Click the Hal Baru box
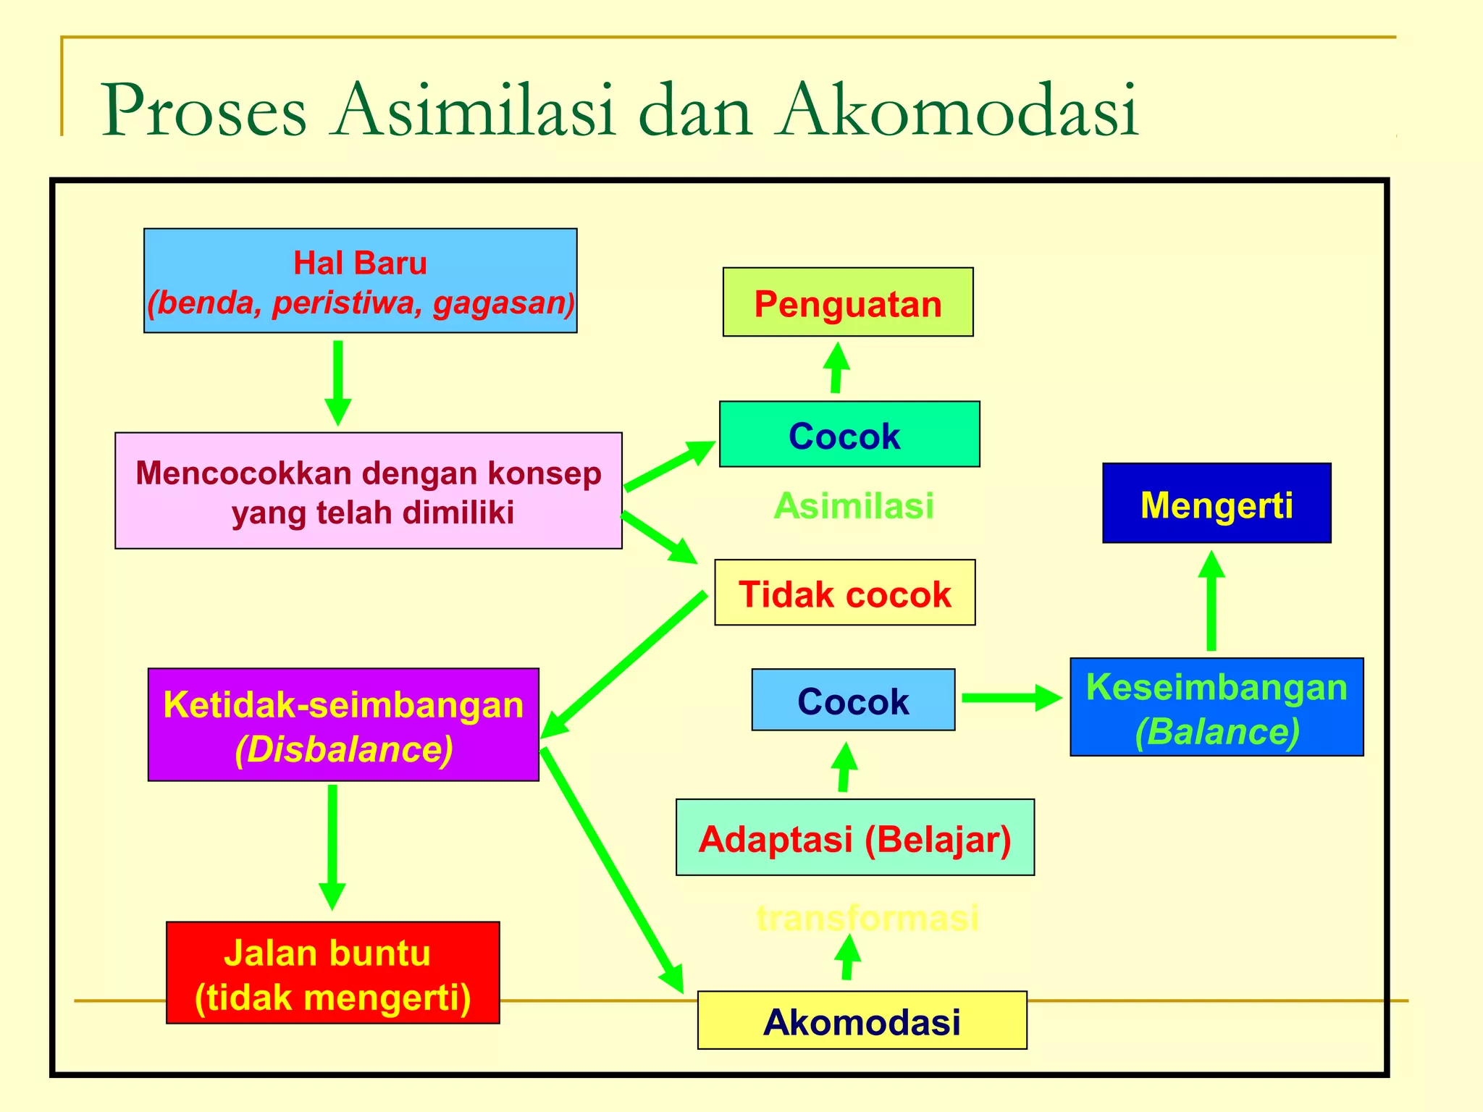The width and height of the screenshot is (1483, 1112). click(360, 281)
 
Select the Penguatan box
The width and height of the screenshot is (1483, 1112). click(847, 302)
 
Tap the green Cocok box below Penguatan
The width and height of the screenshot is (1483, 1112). click(849, 434)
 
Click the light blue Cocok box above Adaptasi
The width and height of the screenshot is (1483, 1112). click(852, 700)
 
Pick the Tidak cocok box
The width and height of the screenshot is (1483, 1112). click(844, 593)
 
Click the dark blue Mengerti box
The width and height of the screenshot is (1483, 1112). click(1216, 503)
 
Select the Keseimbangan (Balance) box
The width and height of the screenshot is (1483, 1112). click(1216, 707)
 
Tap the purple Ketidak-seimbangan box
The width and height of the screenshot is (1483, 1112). click(343, 725)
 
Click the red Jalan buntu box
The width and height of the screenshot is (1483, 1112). click(332, 973)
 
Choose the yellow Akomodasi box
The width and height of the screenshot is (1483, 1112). click(862, 1021)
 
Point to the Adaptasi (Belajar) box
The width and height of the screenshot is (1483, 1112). click(854, 838)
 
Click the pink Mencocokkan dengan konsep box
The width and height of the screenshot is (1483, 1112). click(368, 491)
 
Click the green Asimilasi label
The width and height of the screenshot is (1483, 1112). click(853, 505)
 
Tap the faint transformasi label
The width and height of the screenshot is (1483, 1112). click(867, 918)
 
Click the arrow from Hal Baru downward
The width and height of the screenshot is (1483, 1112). click(337, 382)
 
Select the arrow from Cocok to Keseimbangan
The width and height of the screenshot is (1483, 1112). click(1011, 698)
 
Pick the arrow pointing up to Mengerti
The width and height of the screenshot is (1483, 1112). click(1211, 601)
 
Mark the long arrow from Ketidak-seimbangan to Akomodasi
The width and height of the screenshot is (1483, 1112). click(611, 869)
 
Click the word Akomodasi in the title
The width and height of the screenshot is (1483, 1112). click(956, 110)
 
